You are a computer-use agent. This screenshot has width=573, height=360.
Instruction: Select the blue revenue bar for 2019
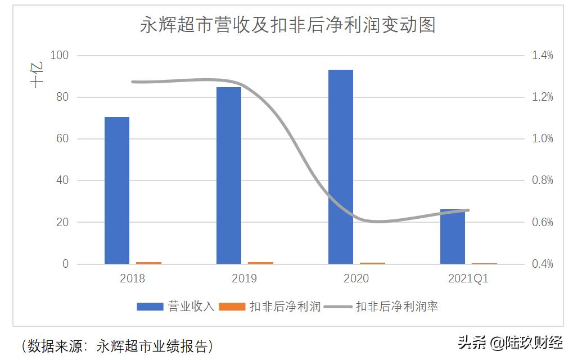[x=229, y=175]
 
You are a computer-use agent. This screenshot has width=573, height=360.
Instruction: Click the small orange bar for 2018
[x=148, y=263]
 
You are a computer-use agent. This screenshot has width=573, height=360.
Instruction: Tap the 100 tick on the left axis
[x=59, y=56]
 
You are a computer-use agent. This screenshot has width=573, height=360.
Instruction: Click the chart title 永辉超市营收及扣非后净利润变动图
[x=287, y=25]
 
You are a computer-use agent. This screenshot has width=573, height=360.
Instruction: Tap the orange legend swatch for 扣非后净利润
[x=232, y=307]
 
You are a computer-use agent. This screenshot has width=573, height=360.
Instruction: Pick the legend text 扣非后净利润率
[x=397, y=307]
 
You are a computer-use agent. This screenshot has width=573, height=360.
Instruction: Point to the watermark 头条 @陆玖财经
[x=510, y=342]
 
